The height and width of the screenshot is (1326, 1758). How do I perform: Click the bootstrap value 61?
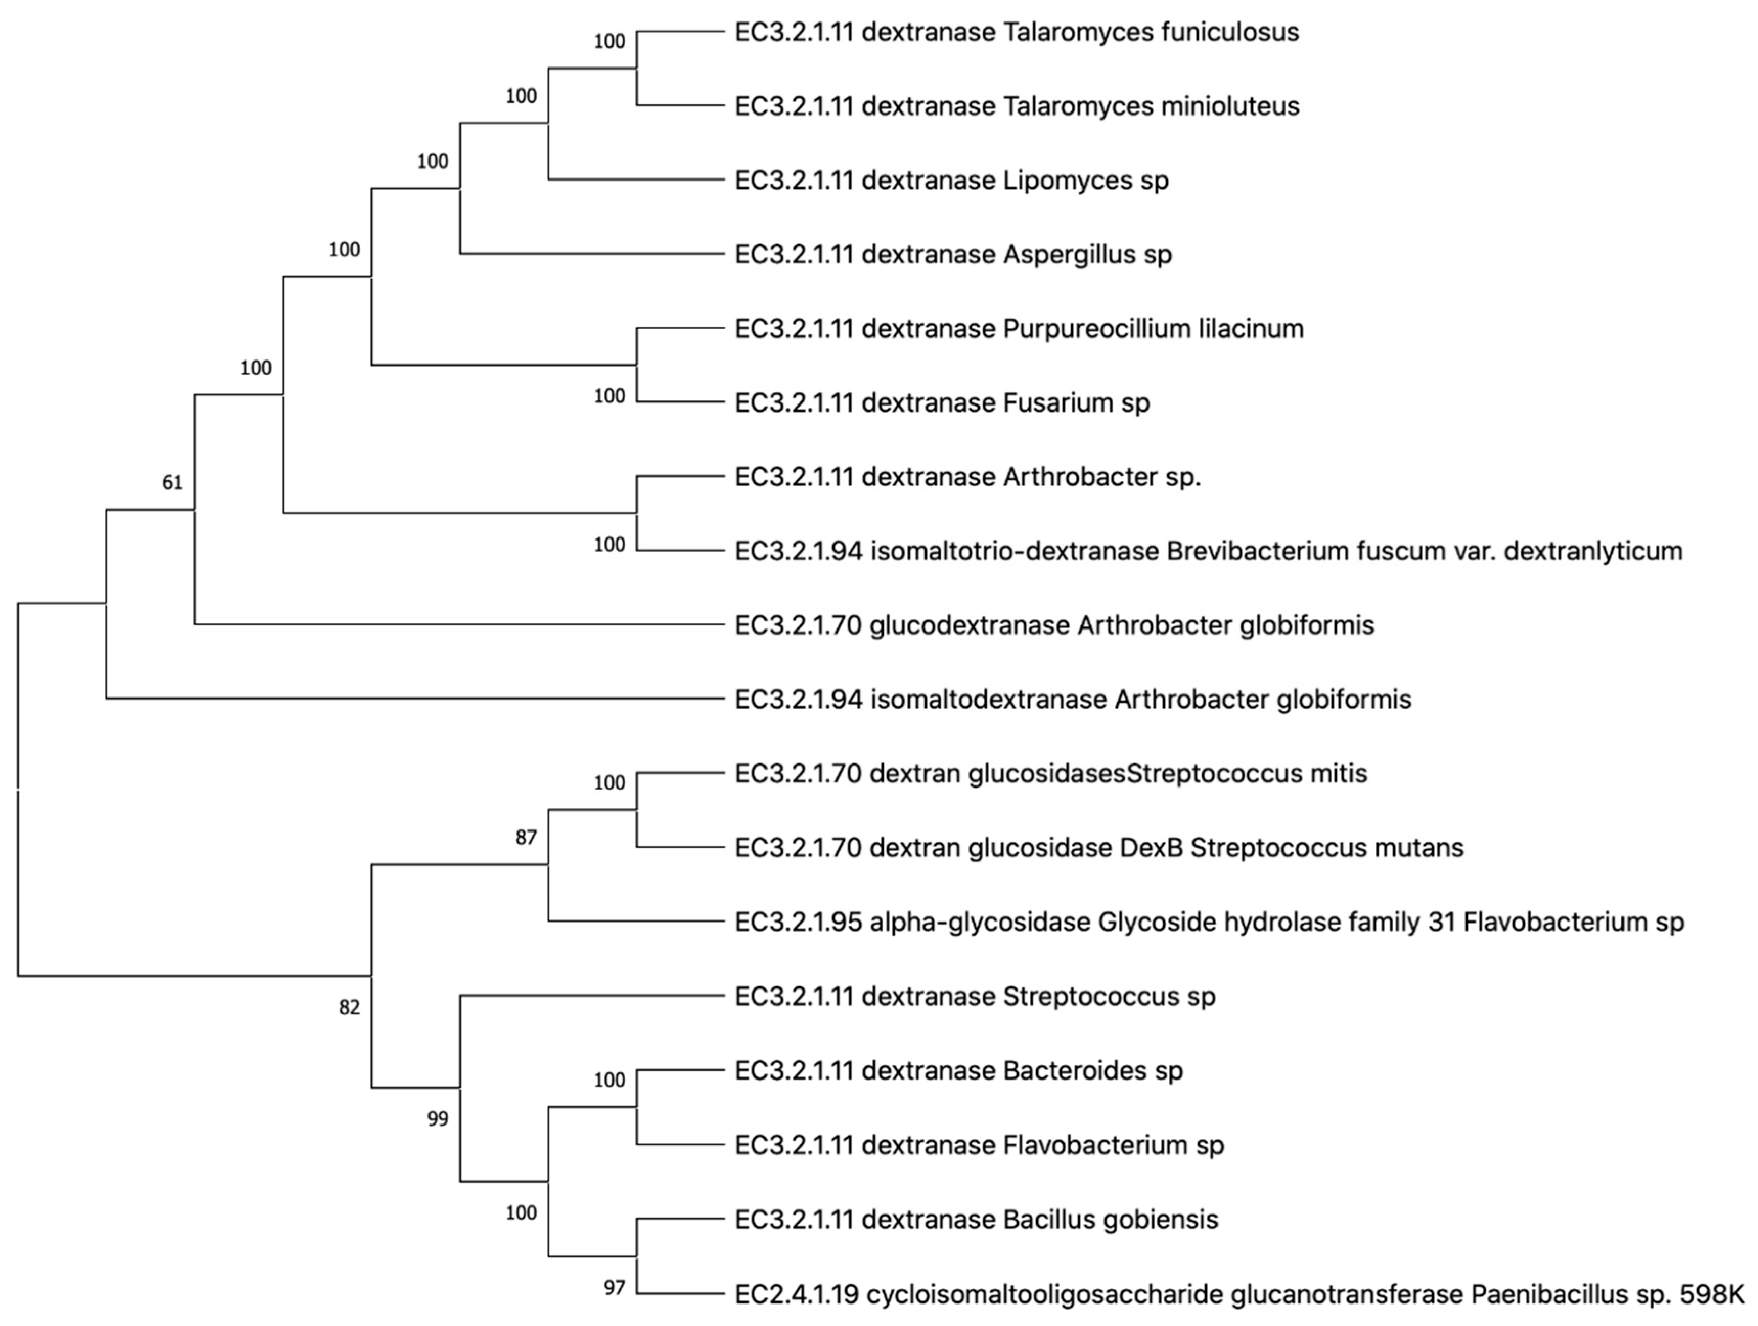pos(172,483)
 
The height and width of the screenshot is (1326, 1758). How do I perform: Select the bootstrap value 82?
pos(349,1007)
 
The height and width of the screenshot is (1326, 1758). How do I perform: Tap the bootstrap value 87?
pos(525,837)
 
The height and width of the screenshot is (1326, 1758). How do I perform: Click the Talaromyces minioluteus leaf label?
pos(1017,106)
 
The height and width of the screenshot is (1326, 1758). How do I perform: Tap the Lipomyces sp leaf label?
pos(951,181)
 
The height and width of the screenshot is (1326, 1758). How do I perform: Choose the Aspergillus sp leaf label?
pos(953,254)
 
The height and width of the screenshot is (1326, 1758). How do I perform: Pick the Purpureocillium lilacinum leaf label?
pos(1019,328)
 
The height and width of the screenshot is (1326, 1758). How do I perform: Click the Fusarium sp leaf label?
pos(942,403)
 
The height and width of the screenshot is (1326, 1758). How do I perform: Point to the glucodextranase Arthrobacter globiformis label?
pos(1054,625)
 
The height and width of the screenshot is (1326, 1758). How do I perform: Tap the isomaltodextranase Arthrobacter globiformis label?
pos(1073,700)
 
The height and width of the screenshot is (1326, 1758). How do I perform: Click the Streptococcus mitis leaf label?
pos(1051,774)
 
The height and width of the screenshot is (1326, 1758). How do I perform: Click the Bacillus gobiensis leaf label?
pos(976,1220)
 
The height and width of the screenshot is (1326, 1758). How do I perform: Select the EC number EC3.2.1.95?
pos(798,922)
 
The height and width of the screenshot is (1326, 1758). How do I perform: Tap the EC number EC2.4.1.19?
pos(796,1295)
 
